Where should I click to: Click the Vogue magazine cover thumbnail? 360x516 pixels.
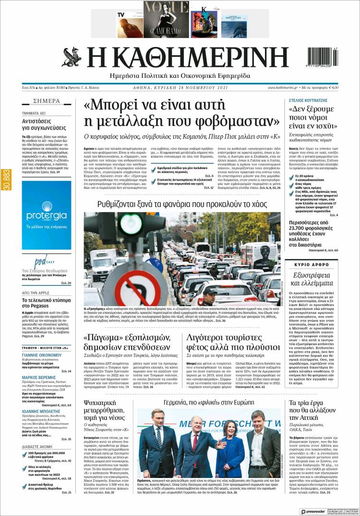click(x=166, y=19)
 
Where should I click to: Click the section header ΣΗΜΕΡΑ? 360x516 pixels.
click(x=46, y=101)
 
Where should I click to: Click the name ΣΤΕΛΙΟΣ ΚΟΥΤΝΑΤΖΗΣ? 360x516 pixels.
click(x=314, y=101)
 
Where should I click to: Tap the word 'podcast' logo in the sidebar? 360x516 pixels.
click(x=41, y=263)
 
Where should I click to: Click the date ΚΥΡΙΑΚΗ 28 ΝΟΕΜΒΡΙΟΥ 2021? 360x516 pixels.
click(x=180, y=88)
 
